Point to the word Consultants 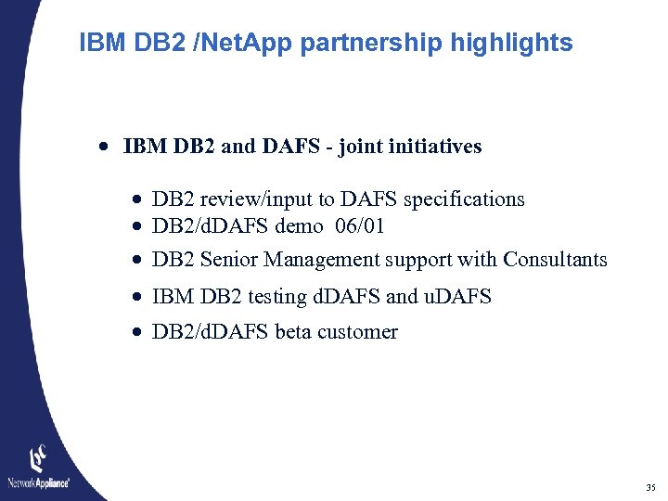[x=555, y=260]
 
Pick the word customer [x=358, y=332]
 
